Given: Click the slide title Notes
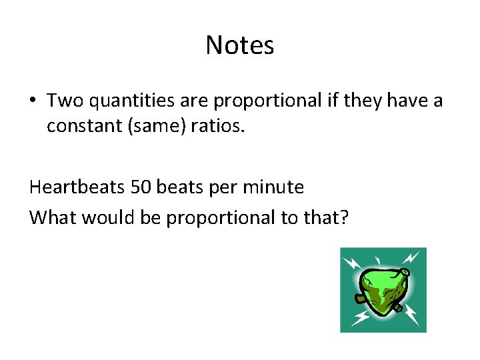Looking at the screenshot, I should pos(239,45).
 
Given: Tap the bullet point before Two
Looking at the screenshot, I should pos(33,101).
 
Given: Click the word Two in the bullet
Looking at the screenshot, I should pos(64,101).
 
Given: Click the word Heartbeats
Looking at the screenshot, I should pos(77,187).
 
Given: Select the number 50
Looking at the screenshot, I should pos(141,187).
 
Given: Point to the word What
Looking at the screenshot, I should pos(51,217).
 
